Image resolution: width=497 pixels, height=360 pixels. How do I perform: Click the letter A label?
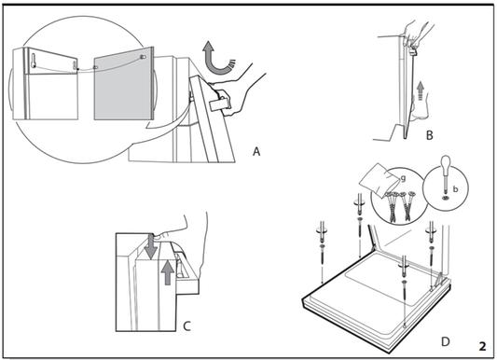[x=256, y=151]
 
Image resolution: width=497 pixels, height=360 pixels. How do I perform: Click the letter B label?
[x=430, y=135]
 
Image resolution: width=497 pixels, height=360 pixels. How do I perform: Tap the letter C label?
[x=187, y=326]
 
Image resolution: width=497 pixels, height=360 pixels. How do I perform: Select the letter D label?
[x=446, y=342]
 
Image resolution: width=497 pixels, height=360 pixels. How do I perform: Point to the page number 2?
[x=482, y=346]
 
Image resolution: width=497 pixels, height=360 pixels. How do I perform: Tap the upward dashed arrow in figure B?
[x=421, y=90]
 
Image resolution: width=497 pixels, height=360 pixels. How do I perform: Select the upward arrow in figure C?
[x=167, y=273]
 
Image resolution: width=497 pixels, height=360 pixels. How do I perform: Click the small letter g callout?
[x=403, y=179]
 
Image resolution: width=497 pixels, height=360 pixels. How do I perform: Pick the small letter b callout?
[x=455, y=189]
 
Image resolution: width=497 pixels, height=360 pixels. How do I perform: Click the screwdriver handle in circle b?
[x=446, y=162]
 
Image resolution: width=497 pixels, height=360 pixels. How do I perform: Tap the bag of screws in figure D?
[x=379, y=177]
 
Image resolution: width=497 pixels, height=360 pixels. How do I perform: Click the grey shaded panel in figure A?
[x=124, y=84]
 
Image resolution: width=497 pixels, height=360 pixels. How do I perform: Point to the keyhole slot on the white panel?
[x=34, y=61]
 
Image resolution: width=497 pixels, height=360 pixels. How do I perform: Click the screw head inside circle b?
[x=446, y=198]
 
